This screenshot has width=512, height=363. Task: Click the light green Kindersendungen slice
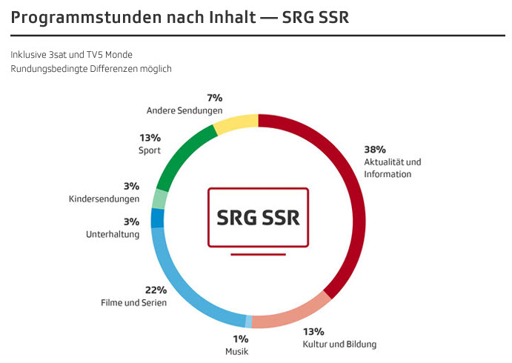pyautogui.click(x=159, y=199)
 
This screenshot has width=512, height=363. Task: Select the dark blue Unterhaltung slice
pyautogui.click(x=157, y=218)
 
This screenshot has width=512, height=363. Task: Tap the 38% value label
pyautogui.click(x=375, y=149)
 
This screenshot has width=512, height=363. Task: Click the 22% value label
pyautogui.click(x=156, y=290)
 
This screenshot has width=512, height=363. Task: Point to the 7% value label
pyautogui.click(x=215, y=98)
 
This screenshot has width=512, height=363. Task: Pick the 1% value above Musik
pyautogui.click(x=242, y=339)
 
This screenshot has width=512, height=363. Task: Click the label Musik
pyautogui.click(x=237, y=351)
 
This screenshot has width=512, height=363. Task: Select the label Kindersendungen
pyautogui.click(x=104, y=199)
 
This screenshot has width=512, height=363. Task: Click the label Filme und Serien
pyautogui.click(x=134, y=303)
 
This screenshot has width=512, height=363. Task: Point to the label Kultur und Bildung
pyautogui.click(x=340, y=344)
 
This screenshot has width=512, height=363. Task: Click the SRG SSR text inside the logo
pyautogui.click(x=259, y=219)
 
